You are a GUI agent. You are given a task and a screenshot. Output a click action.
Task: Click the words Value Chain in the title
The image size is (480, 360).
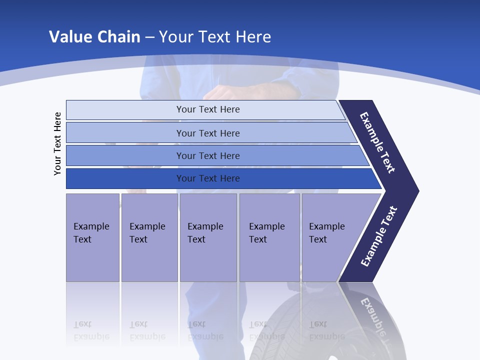pyautogui.click(x=94, y=37)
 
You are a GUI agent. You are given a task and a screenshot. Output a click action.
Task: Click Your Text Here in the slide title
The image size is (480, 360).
pyautogui.click(x=215, y=37)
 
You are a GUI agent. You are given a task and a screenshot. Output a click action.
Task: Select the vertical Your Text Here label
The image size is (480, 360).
pyautogui.click(x=58, y=143)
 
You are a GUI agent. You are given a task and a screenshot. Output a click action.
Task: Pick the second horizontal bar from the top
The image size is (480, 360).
pyautogui.click(x=207, y=133)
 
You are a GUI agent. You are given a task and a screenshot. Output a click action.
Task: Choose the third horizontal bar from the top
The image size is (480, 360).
pyautogui.click(x=207, y=155)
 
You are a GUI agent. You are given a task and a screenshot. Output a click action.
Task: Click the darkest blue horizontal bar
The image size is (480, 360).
pyautogui.click(x=207, y=178)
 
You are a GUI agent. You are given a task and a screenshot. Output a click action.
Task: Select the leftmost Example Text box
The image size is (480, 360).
pyautogui.click(x=92, y=237)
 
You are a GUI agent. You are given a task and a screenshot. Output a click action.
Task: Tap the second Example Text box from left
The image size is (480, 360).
pyautogui.click(x=149, y=237)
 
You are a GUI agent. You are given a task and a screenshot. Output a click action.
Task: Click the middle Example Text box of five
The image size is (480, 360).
pyautogui.click(x=208, y=237)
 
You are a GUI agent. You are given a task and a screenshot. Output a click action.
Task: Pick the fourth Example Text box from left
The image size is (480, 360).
pyautogui.click(x=269, y=237)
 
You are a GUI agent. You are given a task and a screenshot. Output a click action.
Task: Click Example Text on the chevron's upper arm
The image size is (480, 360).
pyautogui.click(x=378, y=142)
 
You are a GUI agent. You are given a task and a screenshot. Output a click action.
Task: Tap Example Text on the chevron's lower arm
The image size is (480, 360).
pyautogui.click(x=379, y=236)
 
